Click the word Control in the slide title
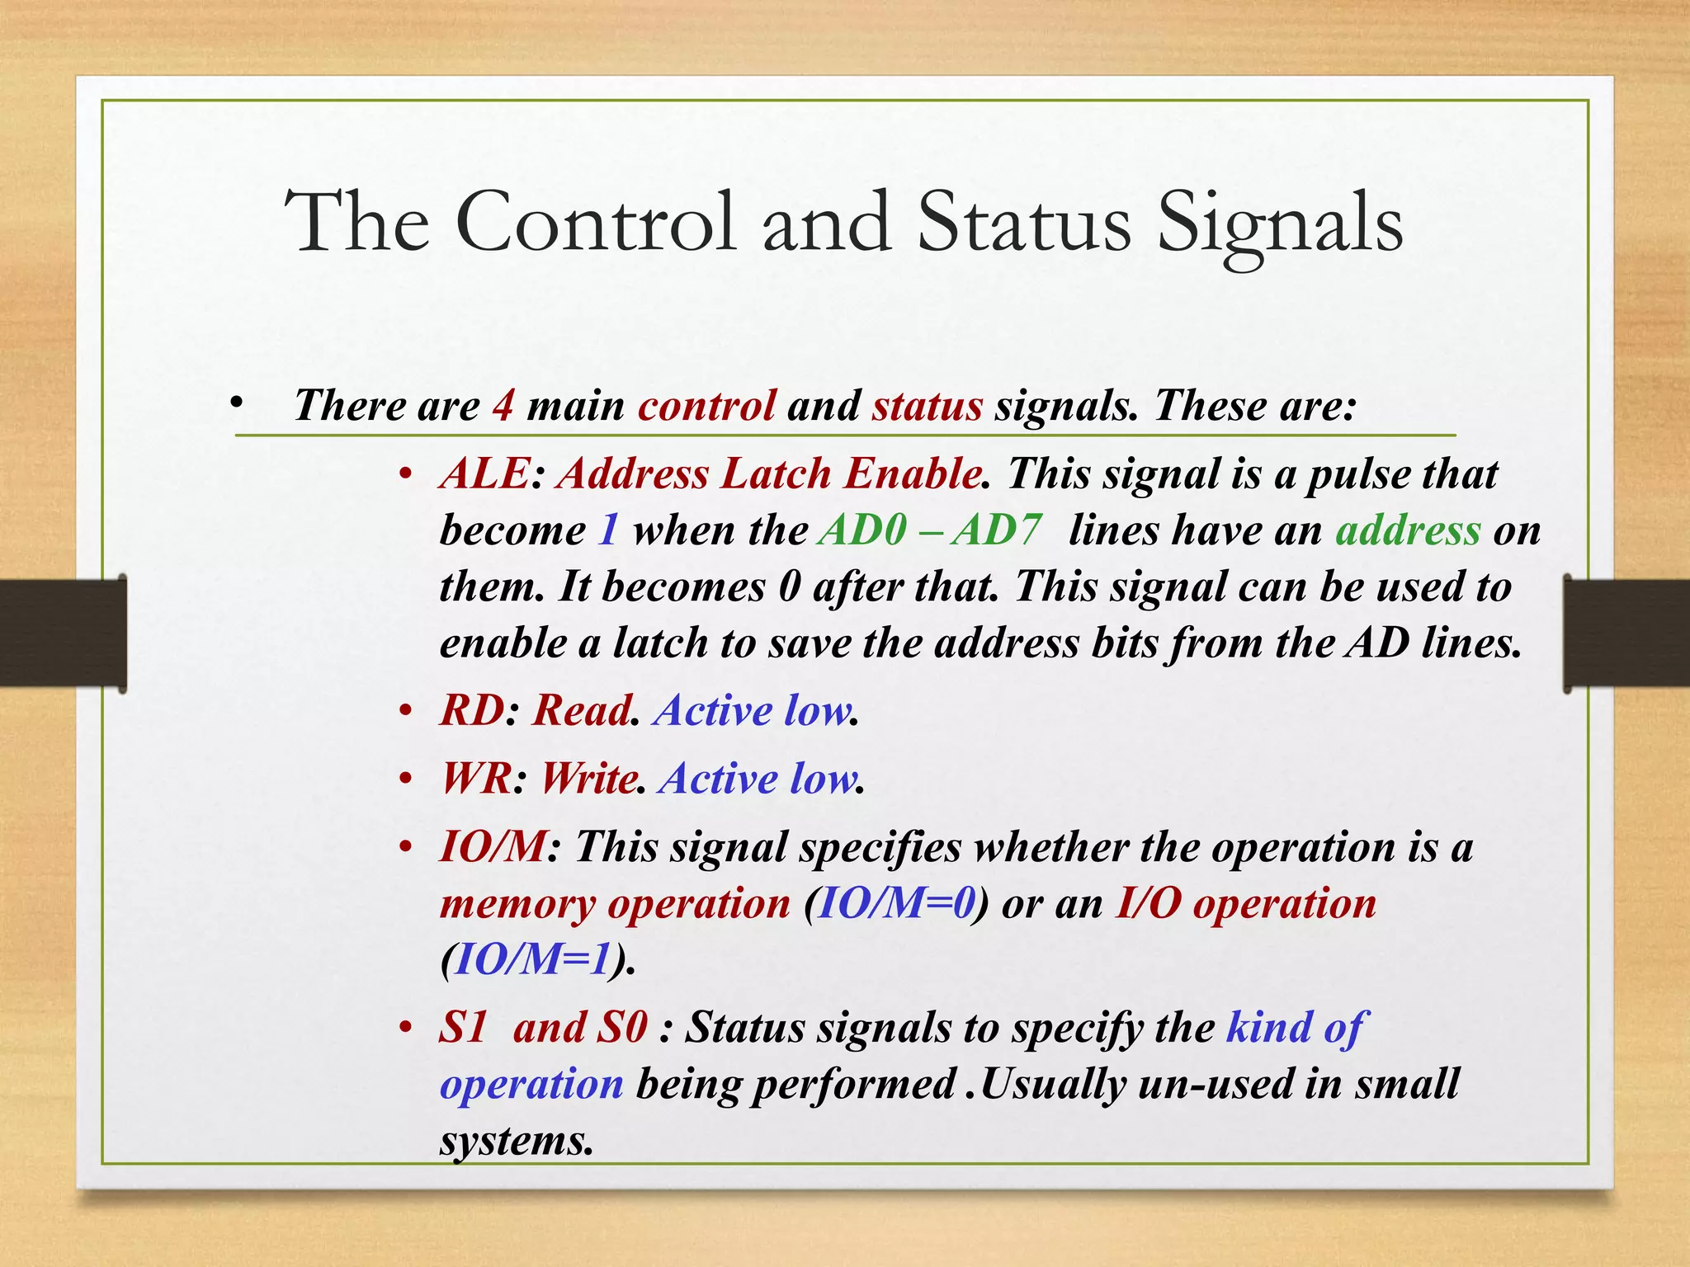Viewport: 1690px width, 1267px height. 594,221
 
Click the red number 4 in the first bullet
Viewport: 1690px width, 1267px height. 503,406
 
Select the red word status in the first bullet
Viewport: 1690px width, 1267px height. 928,406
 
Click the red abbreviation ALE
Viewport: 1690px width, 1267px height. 484,474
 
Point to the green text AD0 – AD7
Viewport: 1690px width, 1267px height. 930,530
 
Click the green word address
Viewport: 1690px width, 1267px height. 1408,530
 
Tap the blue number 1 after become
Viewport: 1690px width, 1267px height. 608,530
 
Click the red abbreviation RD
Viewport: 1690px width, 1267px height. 471,710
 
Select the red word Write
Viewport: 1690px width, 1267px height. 588,779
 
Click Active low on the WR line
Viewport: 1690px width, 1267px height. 758,779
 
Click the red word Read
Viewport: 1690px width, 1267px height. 580,710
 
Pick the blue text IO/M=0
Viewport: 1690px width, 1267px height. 896,904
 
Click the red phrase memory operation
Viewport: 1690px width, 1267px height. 615,904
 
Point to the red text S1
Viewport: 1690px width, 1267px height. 463,1028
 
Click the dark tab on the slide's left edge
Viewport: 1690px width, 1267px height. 63,633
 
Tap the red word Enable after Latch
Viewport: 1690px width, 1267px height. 911,474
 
